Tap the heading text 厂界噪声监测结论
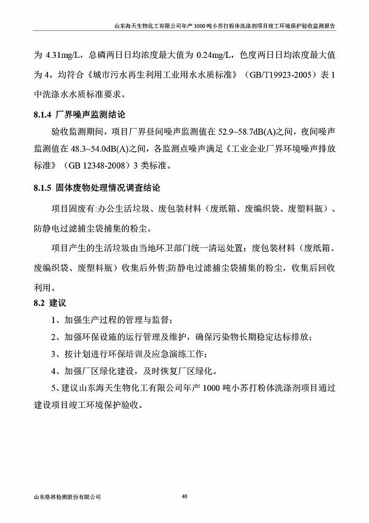coord(93,114)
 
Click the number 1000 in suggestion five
coord(211,389)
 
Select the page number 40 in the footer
coord(184,495)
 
